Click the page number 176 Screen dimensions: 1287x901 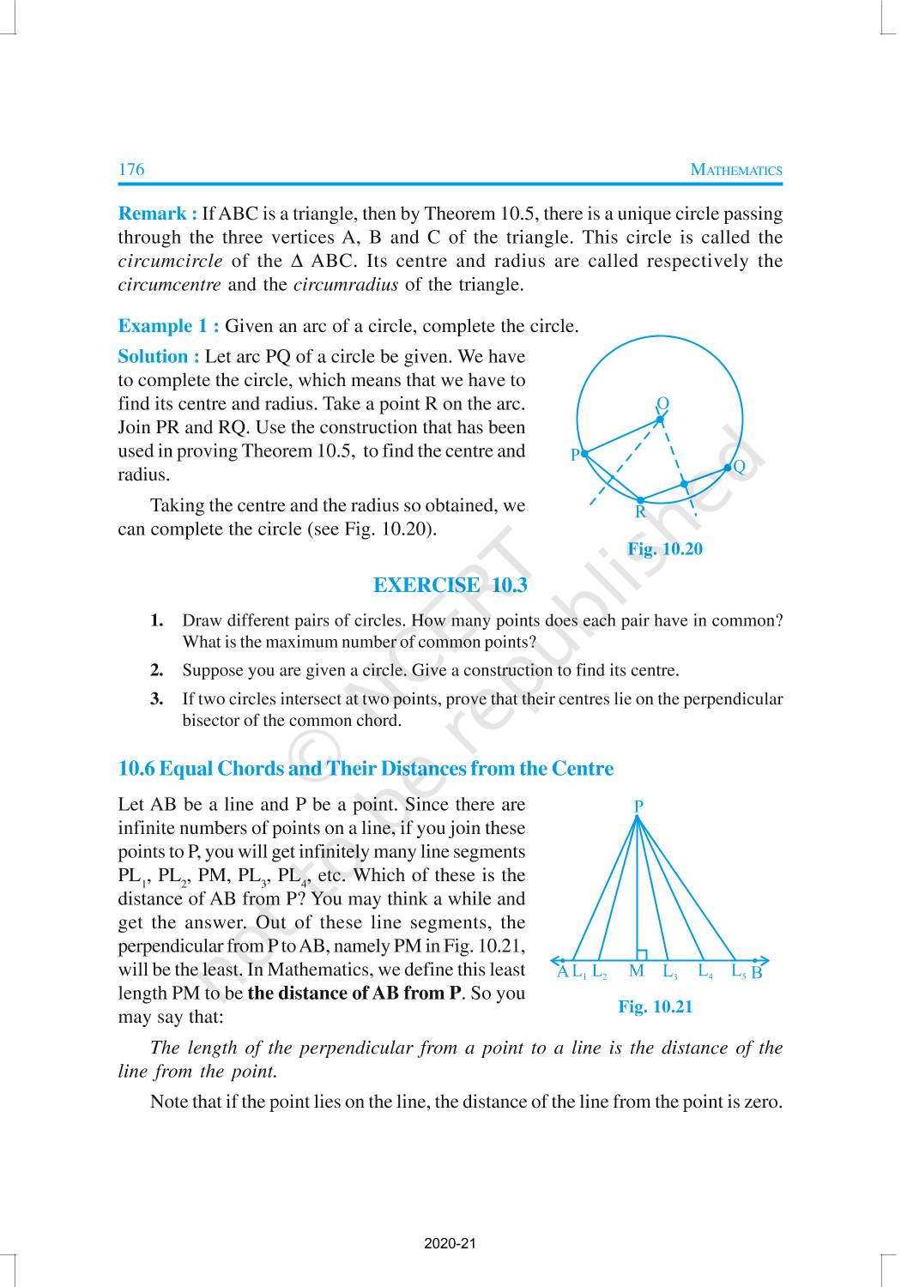click(131, 169)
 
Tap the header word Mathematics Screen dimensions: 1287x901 click(736, 170)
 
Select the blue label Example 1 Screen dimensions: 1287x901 click(168, 326)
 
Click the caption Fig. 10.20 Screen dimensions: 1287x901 click(664, 549)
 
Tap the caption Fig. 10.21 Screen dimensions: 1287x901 click(655, 1006)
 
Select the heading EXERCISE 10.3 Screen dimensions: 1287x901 click(450, 585)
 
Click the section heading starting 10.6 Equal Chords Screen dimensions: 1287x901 click(366, 768)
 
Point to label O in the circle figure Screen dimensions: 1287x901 click(662, 403)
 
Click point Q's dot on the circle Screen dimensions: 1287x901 click(728, 467)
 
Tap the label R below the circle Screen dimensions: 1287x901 click(640, 512)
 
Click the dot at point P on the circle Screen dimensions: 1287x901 click(584, 453)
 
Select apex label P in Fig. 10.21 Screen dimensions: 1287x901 click(638, 806)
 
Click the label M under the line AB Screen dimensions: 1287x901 click(636, 971)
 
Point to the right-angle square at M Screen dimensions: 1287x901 click(642, 954)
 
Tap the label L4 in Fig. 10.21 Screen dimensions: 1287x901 click(705, 971)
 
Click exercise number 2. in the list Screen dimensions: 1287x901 click(157, 670)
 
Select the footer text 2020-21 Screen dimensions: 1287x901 click(450, 1243)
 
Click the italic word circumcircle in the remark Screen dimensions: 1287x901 click(170, 261)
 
